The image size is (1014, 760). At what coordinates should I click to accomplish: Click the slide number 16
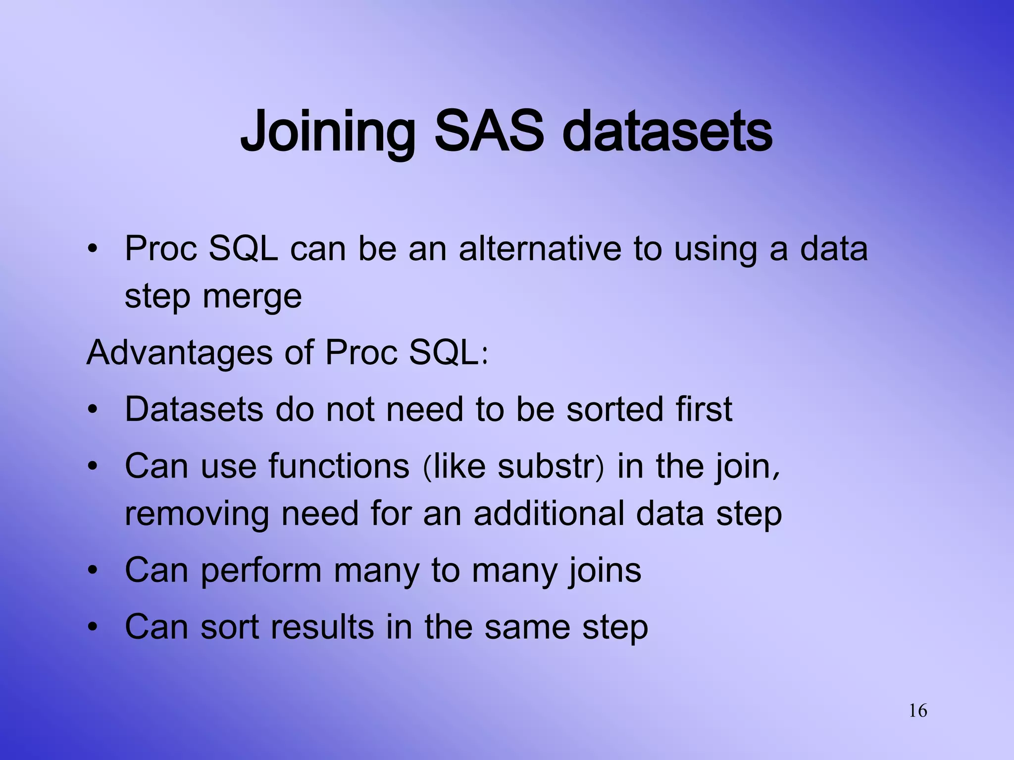pos(918,711)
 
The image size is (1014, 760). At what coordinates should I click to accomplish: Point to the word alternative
pos(540,248)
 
